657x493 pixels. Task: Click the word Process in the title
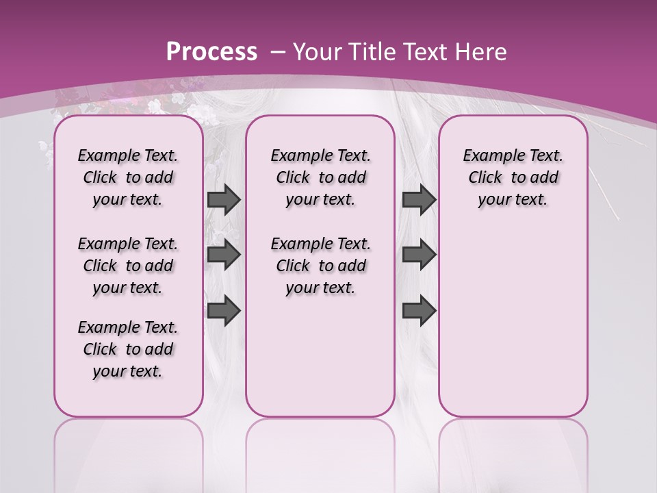click(211, 51)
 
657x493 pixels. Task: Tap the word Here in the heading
click(480, 51)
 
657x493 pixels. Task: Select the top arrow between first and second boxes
click(224, 199)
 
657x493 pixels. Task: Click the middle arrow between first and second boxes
click(224, 255)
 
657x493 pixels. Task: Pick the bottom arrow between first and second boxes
click(224, 310)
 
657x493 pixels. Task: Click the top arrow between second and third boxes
click(419, 199)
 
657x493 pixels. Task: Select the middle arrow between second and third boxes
click(419, 255)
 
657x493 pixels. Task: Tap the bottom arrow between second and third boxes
click(419, 310)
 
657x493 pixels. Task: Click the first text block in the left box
click(128, 177)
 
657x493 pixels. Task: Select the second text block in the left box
click(128, 266)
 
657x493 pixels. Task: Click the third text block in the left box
click(128, 349)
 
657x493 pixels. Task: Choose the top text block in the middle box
click(320, 177)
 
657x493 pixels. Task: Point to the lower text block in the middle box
click(320, 266)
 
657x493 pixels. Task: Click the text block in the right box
click(513, 177)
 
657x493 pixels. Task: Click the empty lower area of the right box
click(513, 322)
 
